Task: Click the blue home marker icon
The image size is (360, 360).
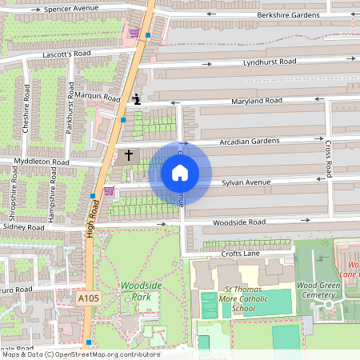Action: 180,172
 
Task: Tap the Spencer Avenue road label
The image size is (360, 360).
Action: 71,9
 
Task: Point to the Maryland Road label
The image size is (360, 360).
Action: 257,101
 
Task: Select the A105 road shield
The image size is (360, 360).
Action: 88,298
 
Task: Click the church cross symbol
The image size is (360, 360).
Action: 127,154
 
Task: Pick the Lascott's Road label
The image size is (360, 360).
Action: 67,54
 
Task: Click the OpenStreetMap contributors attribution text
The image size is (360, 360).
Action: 80,354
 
